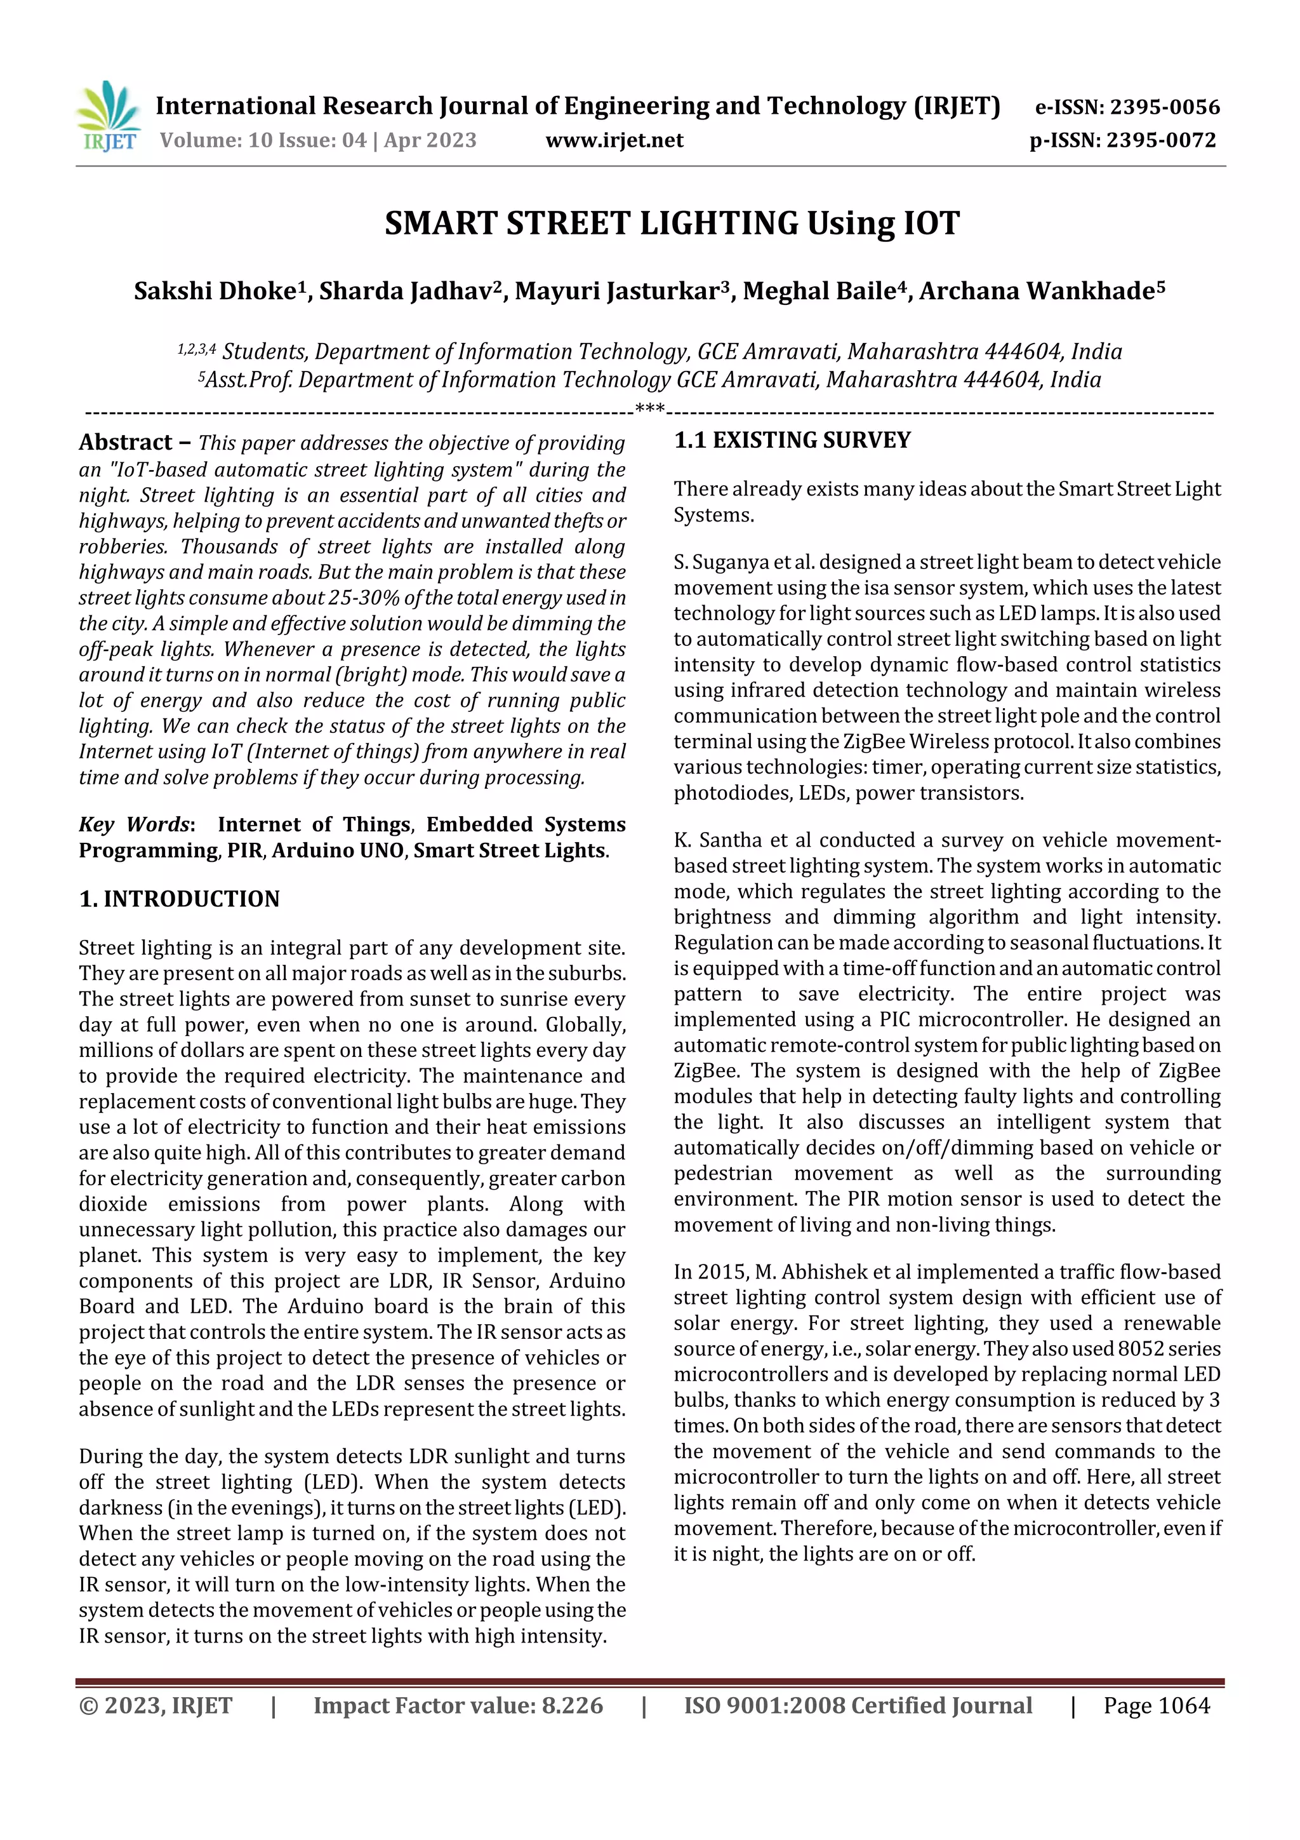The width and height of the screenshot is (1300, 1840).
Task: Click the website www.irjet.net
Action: [614, 140]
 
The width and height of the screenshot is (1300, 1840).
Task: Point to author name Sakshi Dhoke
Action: [215, 291]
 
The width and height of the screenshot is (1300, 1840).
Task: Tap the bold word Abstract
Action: [126, 442]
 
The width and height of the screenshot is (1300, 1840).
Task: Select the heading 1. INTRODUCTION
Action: [180, 899]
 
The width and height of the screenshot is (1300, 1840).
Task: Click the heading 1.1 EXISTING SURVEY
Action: [792, 440]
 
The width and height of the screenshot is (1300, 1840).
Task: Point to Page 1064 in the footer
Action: [1156, 1705]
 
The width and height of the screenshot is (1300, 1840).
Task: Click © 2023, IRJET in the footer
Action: [156, 1705]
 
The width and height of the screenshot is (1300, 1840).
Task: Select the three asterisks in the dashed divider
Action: [649, 408]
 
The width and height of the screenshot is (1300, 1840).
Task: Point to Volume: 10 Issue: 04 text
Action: [263, 140]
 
